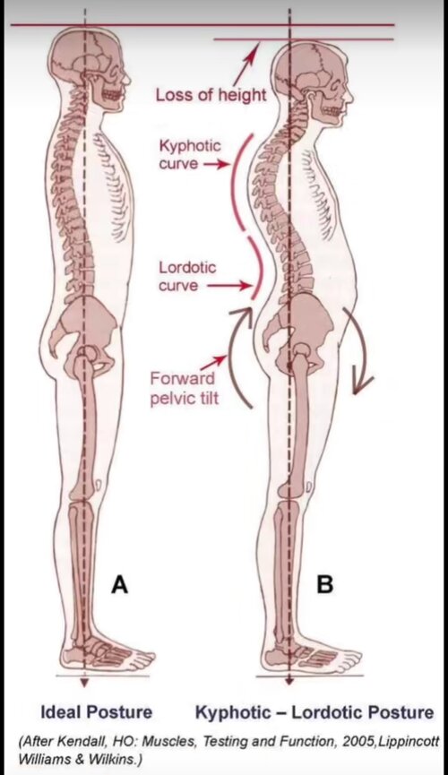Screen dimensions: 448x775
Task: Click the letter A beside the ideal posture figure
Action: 120,584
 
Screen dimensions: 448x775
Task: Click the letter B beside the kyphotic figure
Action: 324,584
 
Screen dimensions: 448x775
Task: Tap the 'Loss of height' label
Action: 211,95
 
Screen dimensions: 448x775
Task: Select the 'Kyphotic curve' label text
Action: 190,155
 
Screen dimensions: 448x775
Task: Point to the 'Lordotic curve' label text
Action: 187,276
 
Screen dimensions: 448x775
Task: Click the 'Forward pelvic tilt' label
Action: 184,389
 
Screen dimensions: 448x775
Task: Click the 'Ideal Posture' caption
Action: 97,712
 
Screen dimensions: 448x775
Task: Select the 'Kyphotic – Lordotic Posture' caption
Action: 314,712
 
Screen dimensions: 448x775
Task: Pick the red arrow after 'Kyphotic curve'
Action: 216,164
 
